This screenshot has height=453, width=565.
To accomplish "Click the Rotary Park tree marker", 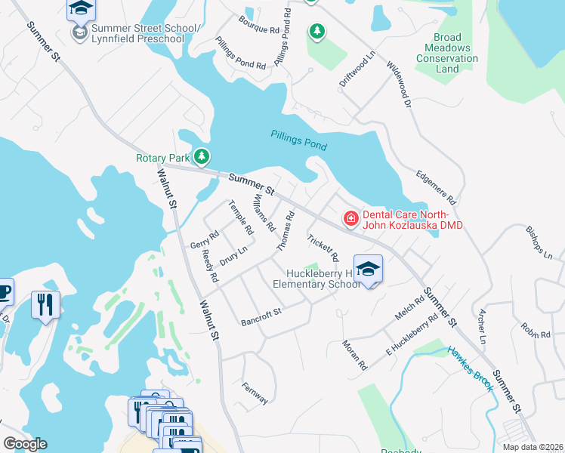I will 201,157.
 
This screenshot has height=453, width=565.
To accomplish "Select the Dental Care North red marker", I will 350,219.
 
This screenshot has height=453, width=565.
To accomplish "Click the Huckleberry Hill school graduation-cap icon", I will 368,270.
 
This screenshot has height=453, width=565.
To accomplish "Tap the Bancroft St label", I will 261,317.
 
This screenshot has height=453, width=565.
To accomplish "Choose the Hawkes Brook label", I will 470,369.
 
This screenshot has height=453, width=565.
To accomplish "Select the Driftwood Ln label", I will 357,69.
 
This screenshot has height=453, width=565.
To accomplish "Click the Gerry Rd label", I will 204,239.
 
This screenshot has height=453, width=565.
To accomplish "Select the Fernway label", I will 255,393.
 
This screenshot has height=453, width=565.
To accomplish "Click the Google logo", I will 25,444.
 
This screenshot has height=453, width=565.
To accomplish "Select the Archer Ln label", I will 480,325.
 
